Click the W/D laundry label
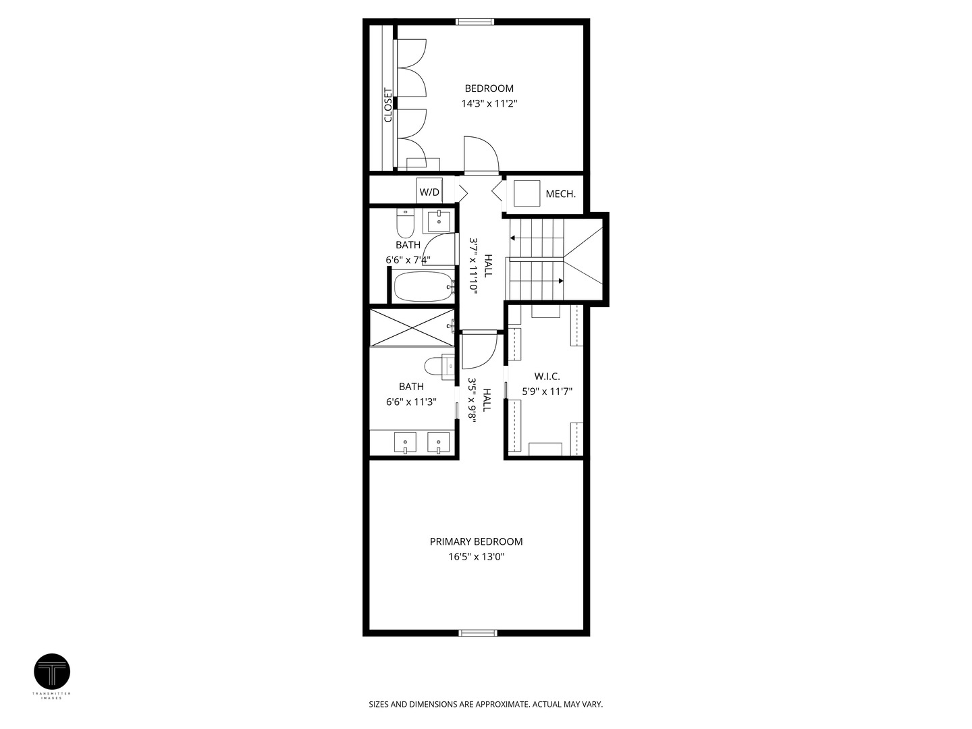(x=429, y=192)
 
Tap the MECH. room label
(x=560, y=194)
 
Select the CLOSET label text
(x=388, y=105)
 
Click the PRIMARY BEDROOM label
(x=476, y=541)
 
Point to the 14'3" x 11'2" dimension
(x=489, y=104)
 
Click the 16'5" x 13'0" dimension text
(x=476, y=557)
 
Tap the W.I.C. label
(x=547, y=376)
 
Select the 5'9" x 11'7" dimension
(x=547, y=391)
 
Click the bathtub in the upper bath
(x=423, y=286)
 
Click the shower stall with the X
(x=412, y=327)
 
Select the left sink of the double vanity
(x=405, y=443)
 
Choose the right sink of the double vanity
(x=439, y=443)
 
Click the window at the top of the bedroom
(x=475, y=22)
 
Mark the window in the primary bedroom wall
(x=478, y=632)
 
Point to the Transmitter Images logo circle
(x=52, y=672)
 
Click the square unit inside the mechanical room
(x=527, y=193)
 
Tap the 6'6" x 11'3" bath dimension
(x=411, y=402)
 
